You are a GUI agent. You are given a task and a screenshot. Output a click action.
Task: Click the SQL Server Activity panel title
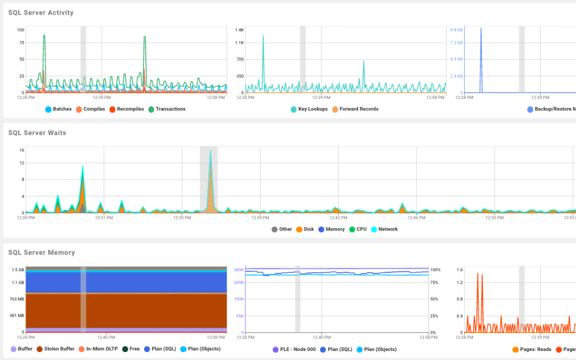pos(40,12)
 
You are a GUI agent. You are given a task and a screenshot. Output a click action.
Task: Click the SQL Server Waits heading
pos(37,133)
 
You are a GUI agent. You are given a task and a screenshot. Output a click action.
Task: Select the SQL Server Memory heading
pos(41,253)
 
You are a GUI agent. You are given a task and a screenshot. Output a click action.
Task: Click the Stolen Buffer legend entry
pos(55,349)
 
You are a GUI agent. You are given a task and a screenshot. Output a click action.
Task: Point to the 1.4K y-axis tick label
pos(240,29)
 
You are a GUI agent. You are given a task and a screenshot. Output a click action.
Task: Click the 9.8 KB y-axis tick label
pos(456,29)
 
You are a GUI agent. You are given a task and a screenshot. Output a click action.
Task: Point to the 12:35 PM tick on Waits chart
pos(182,217)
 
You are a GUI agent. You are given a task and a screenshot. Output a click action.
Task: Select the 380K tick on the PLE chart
pos(238,269)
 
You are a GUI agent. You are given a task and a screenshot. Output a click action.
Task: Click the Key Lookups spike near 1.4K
pos(263,37)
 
